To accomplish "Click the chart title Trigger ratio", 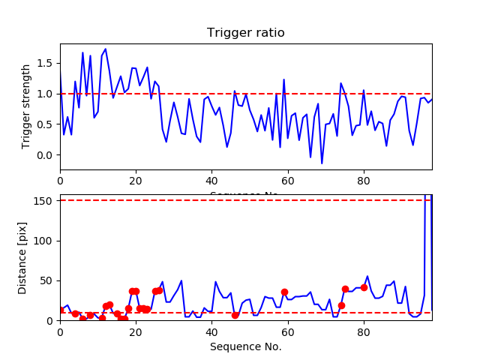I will click(x=245, y=33).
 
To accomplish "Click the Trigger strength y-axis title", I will click(x=27, y=106).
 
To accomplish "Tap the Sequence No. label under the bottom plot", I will click(x=245, y=346).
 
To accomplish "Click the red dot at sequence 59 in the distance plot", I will click(x=284, y=292).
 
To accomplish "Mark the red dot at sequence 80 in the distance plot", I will click(x=364, y=287).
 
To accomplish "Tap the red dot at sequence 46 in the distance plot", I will click(x=235, y=315).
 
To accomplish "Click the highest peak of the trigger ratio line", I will click(x=106, y=49).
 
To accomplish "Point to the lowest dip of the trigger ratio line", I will click(x=322, y=163).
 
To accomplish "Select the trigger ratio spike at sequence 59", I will click(x=284, y=79).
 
